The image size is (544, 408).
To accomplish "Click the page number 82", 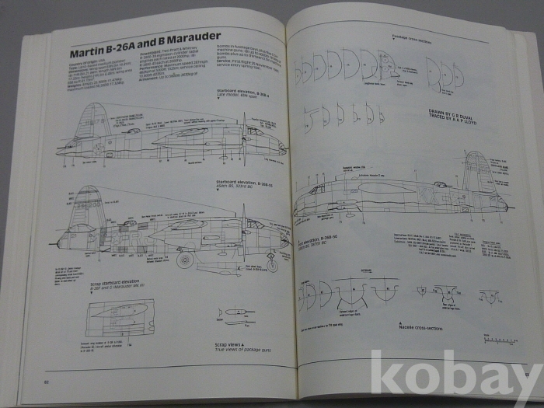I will tap(47, 381).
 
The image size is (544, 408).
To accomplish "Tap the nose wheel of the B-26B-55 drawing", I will tap(271, 265).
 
